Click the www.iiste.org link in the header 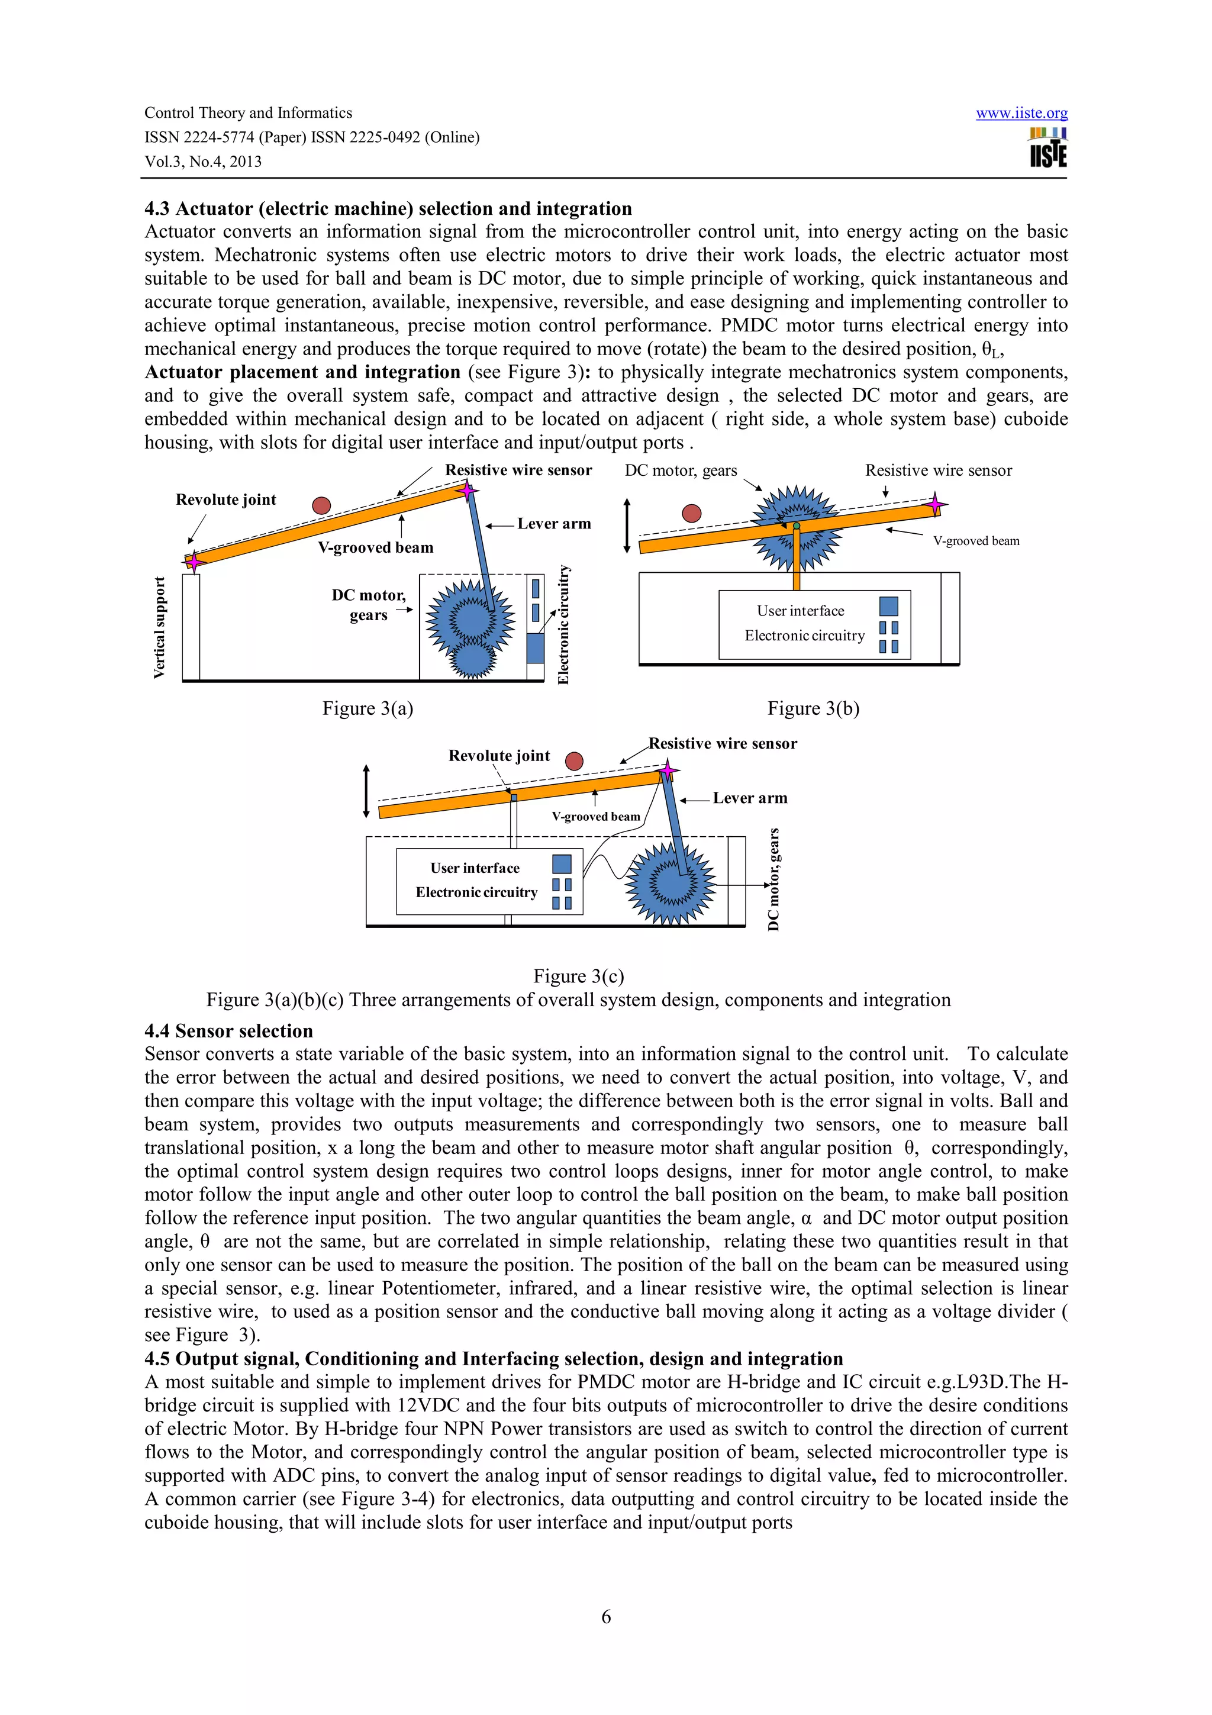pyautogui.click(x=1021, y=114)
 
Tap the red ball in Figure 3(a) pyautogui.click(x=321, y=506)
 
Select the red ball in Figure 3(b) pyautogui.click(x=691, y=513)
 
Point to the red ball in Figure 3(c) pyautogui.click(x=573, y=761)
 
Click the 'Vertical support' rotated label pyautogui.click(x=159, y=627)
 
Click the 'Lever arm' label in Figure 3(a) pyautogui.click(x=553, y=524)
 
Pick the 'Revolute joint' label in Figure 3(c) pyautogui.click(x=499, y=755)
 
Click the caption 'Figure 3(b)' pyautogui.click(x=813, y=708)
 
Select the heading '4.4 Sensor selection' pyautogui.click(x=228, y=1031)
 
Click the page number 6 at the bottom pyautogui.click(x=605, y=1616)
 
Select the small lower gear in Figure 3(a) pyautogui.click(x=470, y=658)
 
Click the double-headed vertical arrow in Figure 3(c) pyautogui.click(x=366, y=791)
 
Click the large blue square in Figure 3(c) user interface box pyautogui.click(x=562, y=863)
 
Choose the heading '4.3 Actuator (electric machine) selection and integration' pyautogui.click(x=388, y=208)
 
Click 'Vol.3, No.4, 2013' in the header pyautogui.click(x=203, y=162)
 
